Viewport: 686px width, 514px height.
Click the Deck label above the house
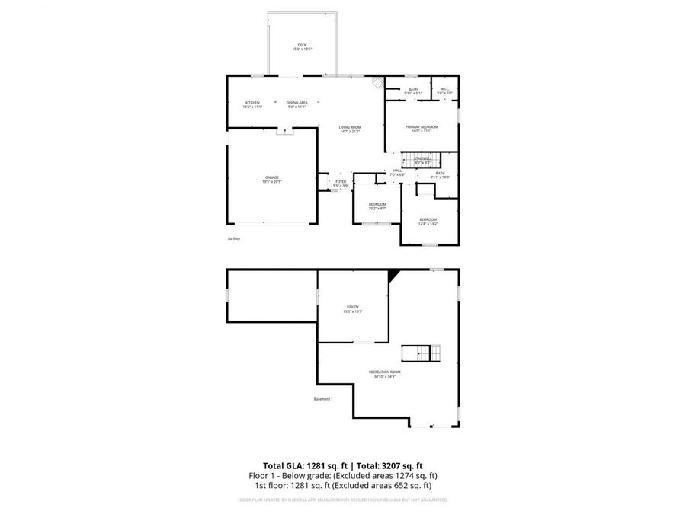pyautogui.click(x=302, y=44)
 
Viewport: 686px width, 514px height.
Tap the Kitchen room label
pyautogui.click(x=252, y=103)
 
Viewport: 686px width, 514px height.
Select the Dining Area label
pyautogui.click(x=297, y=103)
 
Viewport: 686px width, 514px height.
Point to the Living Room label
pyautogui.click(x=350, y=127)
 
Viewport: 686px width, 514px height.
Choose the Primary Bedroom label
pyautogui.click(x=422, y=126)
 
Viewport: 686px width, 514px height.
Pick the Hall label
pyautogui.click(x=397, y=171)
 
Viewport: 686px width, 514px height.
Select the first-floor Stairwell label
pyautogui.click(x=422, y=158)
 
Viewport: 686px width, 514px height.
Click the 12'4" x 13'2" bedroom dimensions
pyautogui.click(x=428, y=224)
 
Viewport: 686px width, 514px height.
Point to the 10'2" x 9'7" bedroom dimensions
pyautogui.click(x=377, y=208)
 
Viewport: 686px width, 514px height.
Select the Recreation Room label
pyautogui.click(x=384, y=372)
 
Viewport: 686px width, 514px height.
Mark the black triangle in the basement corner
pyautogui.click(x=393, y=275)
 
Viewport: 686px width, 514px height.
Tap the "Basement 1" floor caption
pyautogui.click(x=323, y=399)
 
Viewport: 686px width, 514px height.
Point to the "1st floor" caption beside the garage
pyautogui.click(x=233, y=239)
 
